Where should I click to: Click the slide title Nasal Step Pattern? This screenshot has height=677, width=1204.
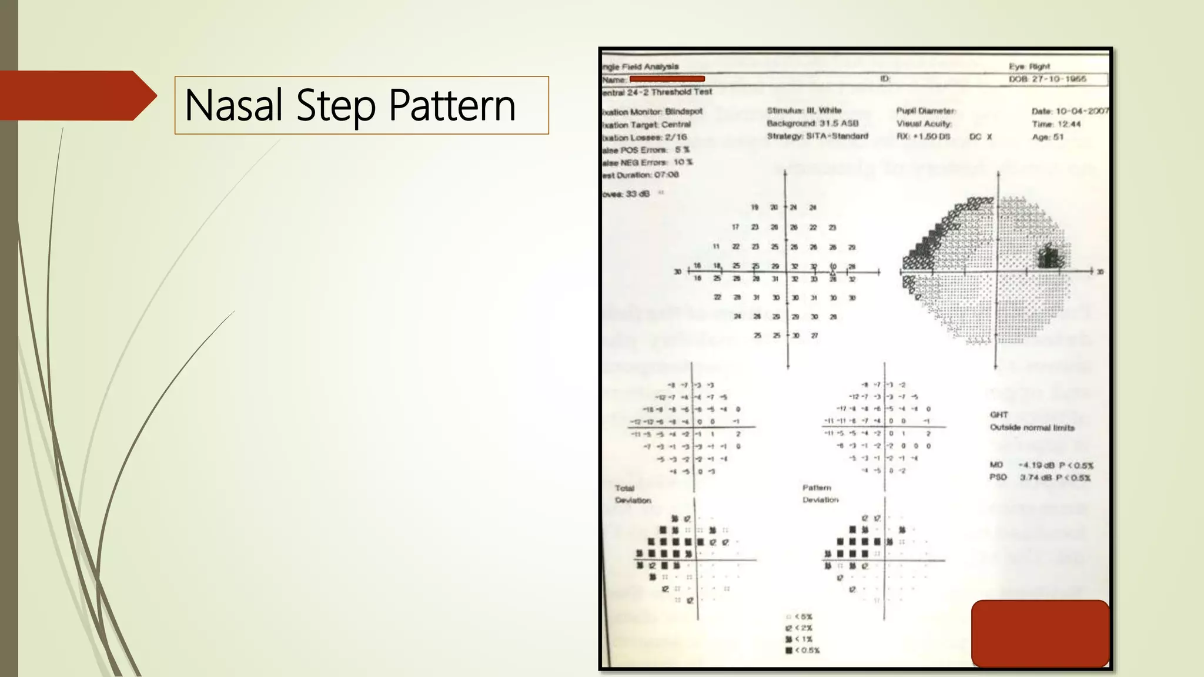(x=350, y=105)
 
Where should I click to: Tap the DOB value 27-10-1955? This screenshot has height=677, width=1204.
(x=1059, y=79)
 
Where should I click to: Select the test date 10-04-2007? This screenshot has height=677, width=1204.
(x=1082, y=111)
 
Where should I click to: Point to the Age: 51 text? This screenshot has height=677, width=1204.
(x=1048, y=137)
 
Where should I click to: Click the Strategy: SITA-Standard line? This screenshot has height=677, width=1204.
(x=817, y=136)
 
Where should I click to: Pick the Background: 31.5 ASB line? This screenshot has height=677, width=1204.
(x=812, y=123)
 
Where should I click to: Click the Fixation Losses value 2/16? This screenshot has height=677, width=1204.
(x=675, y=137)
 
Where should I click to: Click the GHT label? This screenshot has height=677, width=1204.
(x=998, y=414)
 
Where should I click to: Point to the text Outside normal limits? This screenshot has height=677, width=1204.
(x=1032, y=427)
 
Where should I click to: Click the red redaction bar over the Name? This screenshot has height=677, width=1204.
(x=667, y=79)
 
